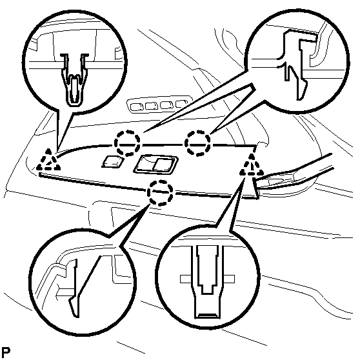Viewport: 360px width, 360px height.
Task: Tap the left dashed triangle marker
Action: click(47, 161)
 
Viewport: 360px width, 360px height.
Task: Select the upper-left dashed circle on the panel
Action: click(128, 141)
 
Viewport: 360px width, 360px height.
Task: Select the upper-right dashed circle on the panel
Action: click(199, 143)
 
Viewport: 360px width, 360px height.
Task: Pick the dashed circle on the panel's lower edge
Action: click(160, 192)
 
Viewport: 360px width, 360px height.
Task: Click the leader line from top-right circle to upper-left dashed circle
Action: click(194, 110)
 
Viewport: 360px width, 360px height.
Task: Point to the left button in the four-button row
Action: click(135, 105)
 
